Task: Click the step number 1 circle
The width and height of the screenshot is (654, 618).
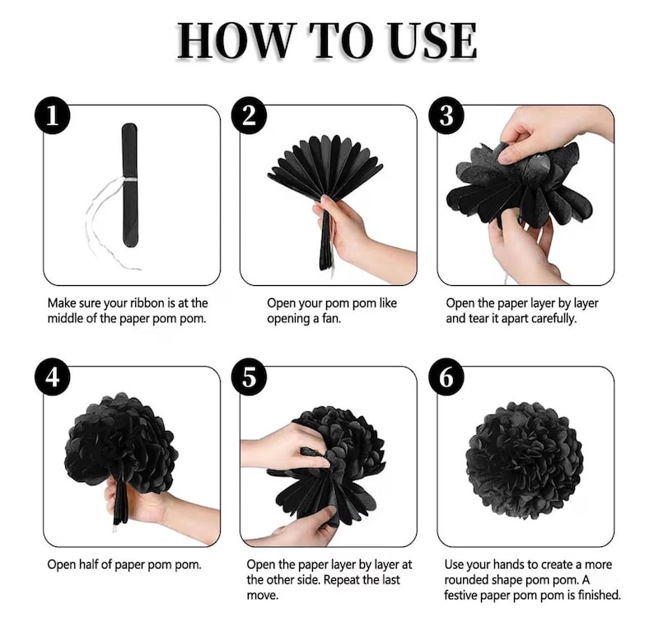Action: pyautogui.click(x=52, y=115)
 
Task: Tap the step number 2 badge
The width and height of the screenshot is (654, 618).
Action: pyautogui.click(x=249, y=115)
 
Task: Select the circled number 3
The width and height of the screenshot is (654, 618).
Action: pyautogui.click(x=446, y=115)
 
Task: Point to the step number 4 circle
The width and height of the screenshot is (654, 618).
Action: pyautogui.click(x=52, y=377)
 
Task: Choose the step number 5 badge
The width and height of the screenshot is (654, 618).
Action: pyautogui.click(x=249, y=377)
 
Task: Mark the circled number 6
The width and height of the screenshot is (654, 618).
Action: pyautogui.click(x=446, y=377)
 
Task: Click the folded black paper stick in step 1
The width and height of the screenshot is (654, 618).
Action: pyautogui.click(x=130, y=185)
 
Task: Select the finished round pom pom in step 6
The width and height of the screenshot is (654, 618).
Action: pyautogui.click(x=525, y=461)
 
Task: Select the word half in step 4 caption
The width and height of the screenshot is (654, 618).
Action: pyautogui.click(x=90, y=564)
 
